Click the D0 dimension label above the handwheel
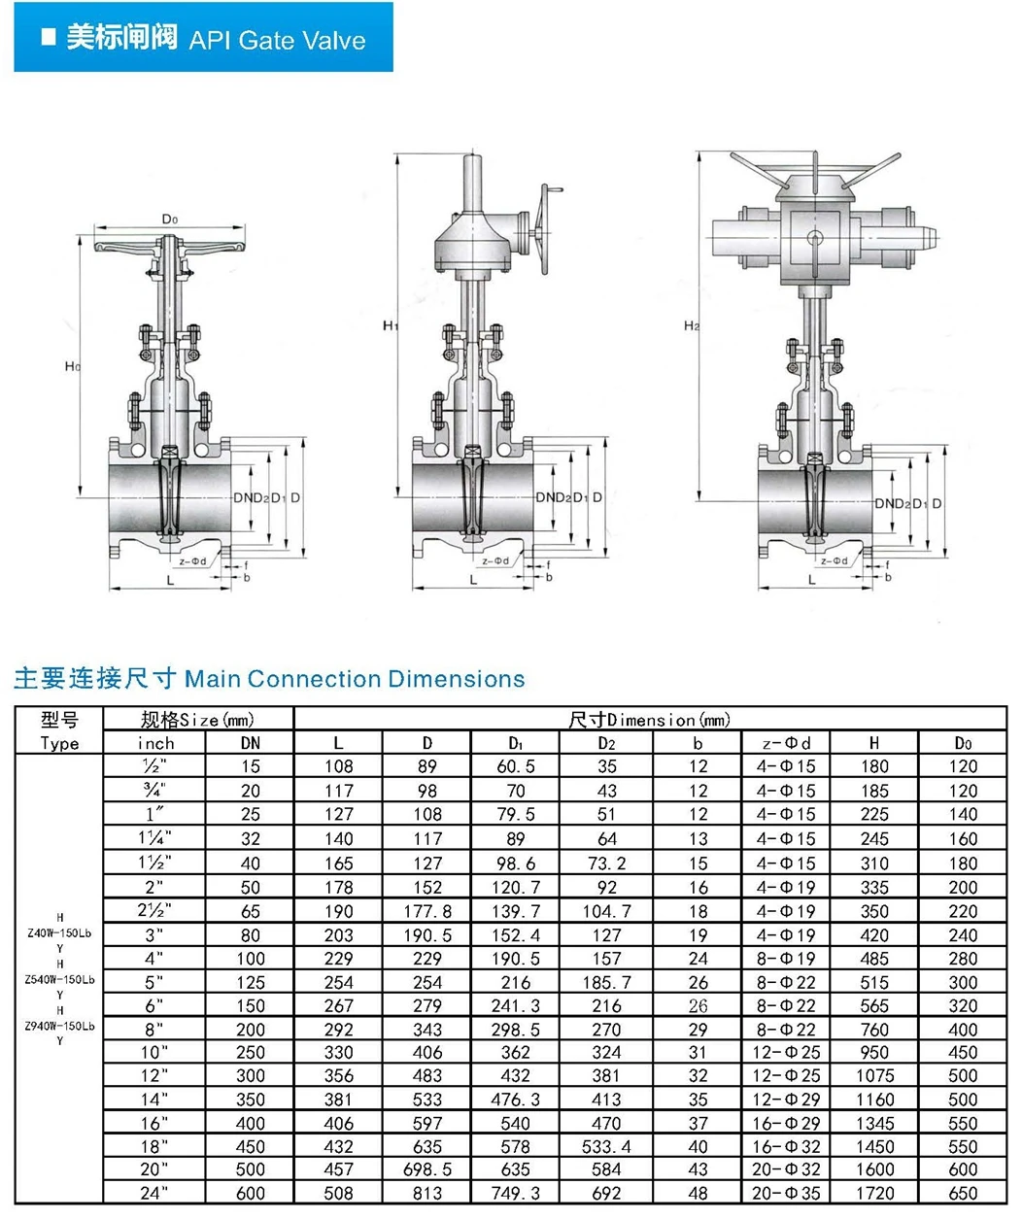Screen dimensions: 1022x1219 click(x=169, y=219)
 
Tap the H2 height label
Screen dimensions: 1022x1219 click(x=692, y=325)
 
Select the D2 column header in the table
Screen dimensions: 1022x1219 click(x=607, y=743)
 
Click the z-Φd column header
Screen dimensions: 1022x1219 click(x=786, y=743)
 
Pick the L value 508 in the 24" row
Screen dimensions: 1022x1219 click(x=339, y=1193)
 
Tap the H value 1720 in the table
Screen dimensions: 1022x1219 click(x=874, y=1193)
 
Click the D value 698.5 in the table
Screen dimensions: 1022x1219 click(x=426, y=1169)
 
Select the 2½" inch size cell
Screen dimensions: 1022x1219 click(x=154, y=910)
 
